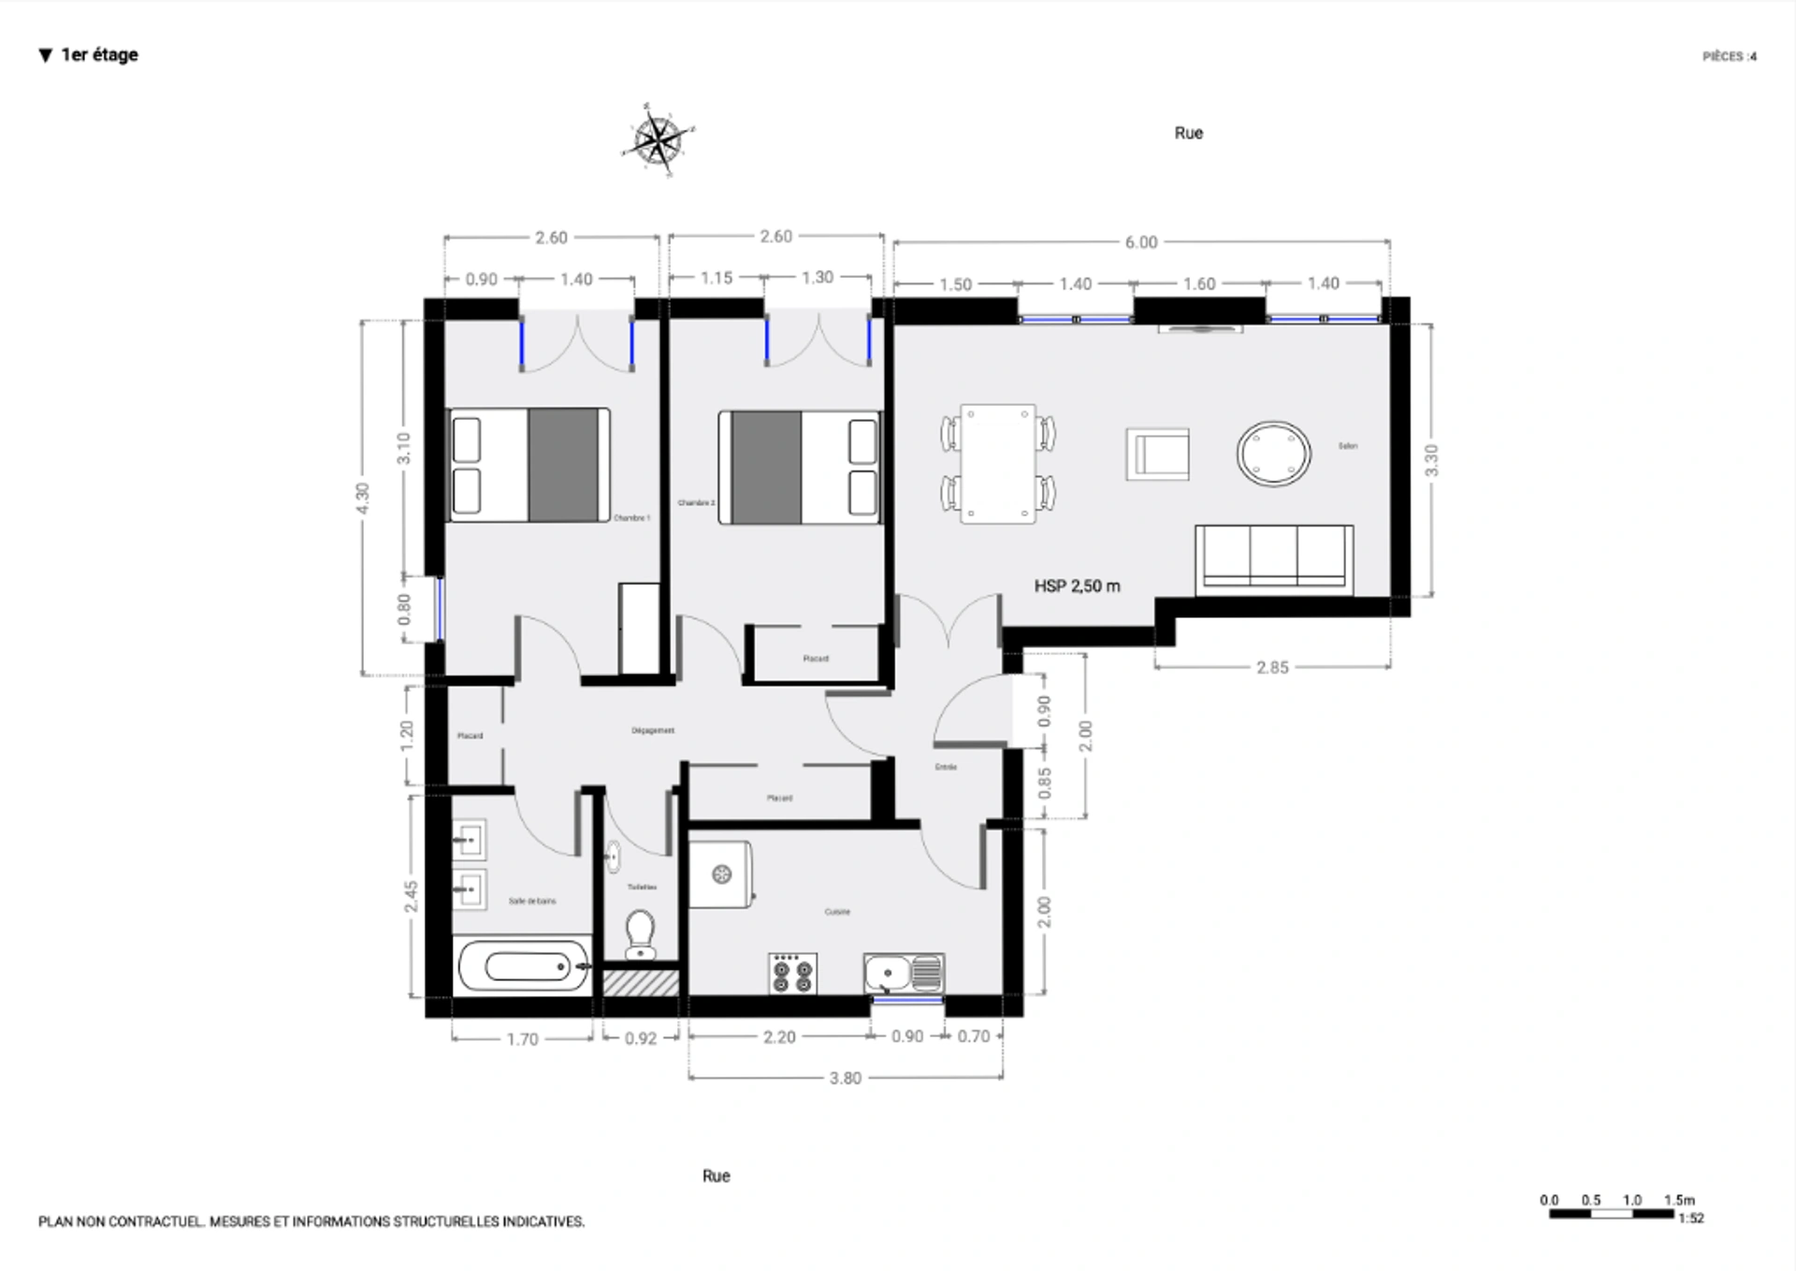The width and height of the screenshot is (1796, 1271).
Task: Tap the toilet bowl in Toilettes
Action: coord(640,932)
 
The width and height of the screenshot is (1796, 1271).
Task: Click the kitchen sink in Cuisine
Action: coord(903,974)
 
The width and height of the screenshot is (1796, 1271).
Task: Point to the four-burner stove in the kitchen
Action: coord(792,974)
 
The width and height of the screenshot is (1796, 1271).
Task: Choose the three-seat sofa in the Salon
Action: coord(1273,559)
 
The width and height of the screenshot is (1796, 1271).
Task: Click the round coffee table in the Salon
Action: coord(1273,454)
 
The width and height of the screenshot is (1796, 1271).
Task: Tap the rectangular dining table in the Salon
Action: coord(998,464)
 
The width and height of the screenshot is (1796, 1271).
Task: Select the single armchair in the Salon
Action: coord(1157,455)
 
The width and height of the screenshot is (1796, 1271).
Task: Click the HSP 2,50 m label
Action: coord(1077,586)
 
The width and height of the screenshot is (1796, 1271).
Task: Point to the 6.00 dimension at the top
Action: coord(1140,242)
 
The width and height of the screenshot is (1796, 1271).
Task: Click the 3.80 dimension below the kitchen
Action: coord(845,1078)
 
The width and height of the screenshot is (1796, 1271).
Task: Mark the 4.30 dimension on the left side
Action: coord(363,498)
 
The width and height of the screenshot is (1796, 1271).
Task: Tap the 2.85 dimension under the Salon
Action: coord(1272,667)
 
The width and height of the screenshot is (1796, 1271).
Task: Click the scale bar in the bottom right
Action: coord(1611,1214)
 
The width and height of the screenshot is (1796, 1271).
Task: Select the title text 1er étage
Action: coord(99,55)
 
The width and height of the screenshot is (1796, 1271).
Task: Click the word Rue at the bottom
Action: coord(716,1176)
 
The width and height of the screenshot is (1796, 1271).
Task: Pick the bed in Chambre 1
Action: coord(529,465)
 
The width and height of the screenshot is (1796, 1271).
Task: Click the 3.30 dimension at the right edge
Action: coord(1430,460)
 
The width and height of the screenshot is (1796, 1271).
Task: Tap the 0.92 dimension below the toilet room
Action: coord(640,1038)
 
